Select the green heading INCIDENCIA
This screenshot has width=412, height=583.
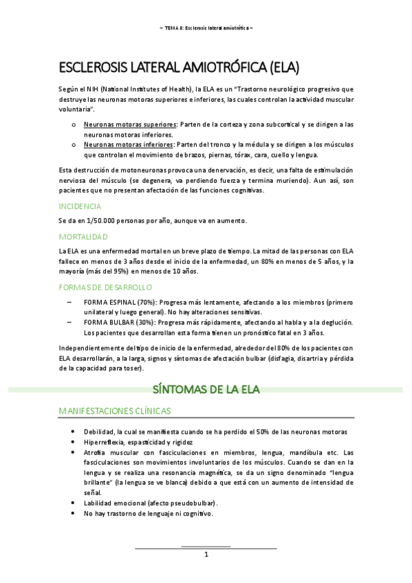pos(80,206)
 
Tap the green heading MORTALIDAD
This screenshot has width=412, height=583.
pos(83,236)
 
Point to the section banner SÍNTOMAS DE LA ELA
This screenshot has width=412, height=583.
pos(206,390)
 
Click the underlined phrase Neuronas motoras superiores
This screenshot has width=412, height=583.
pos(129,124)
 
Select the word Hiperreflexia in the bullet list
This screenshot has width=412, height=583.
pos(105,442)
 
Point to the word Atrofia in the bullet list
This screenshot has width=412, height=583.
pos(95,452)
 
